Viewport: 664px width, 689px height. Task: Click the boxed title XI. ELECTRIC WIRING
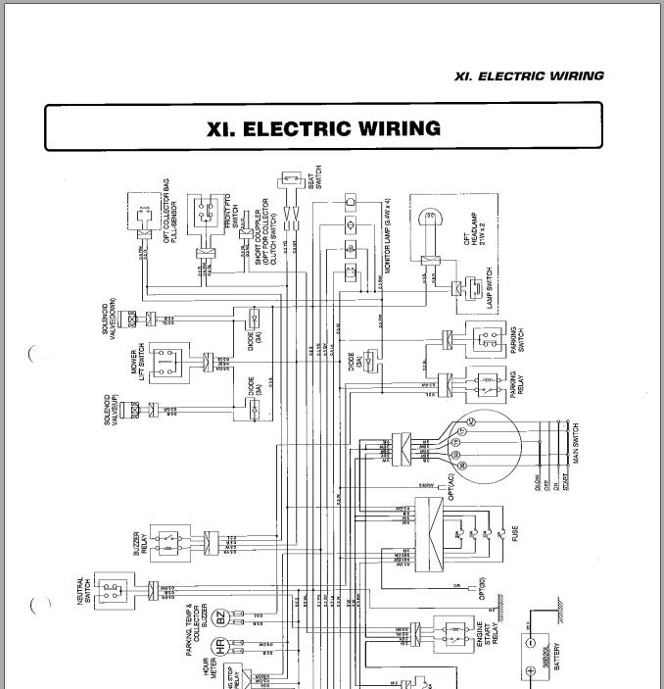click(323, 128)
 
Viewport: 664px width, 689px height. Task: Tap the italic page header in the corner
click(529, 75)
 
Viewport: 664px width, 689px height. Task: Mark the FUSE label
click(514, 534)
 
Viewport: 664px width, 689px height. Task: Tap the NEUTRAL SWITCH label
click(85, 591)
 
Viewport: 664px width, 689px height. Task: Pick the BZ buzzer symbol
click(221, 618)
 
